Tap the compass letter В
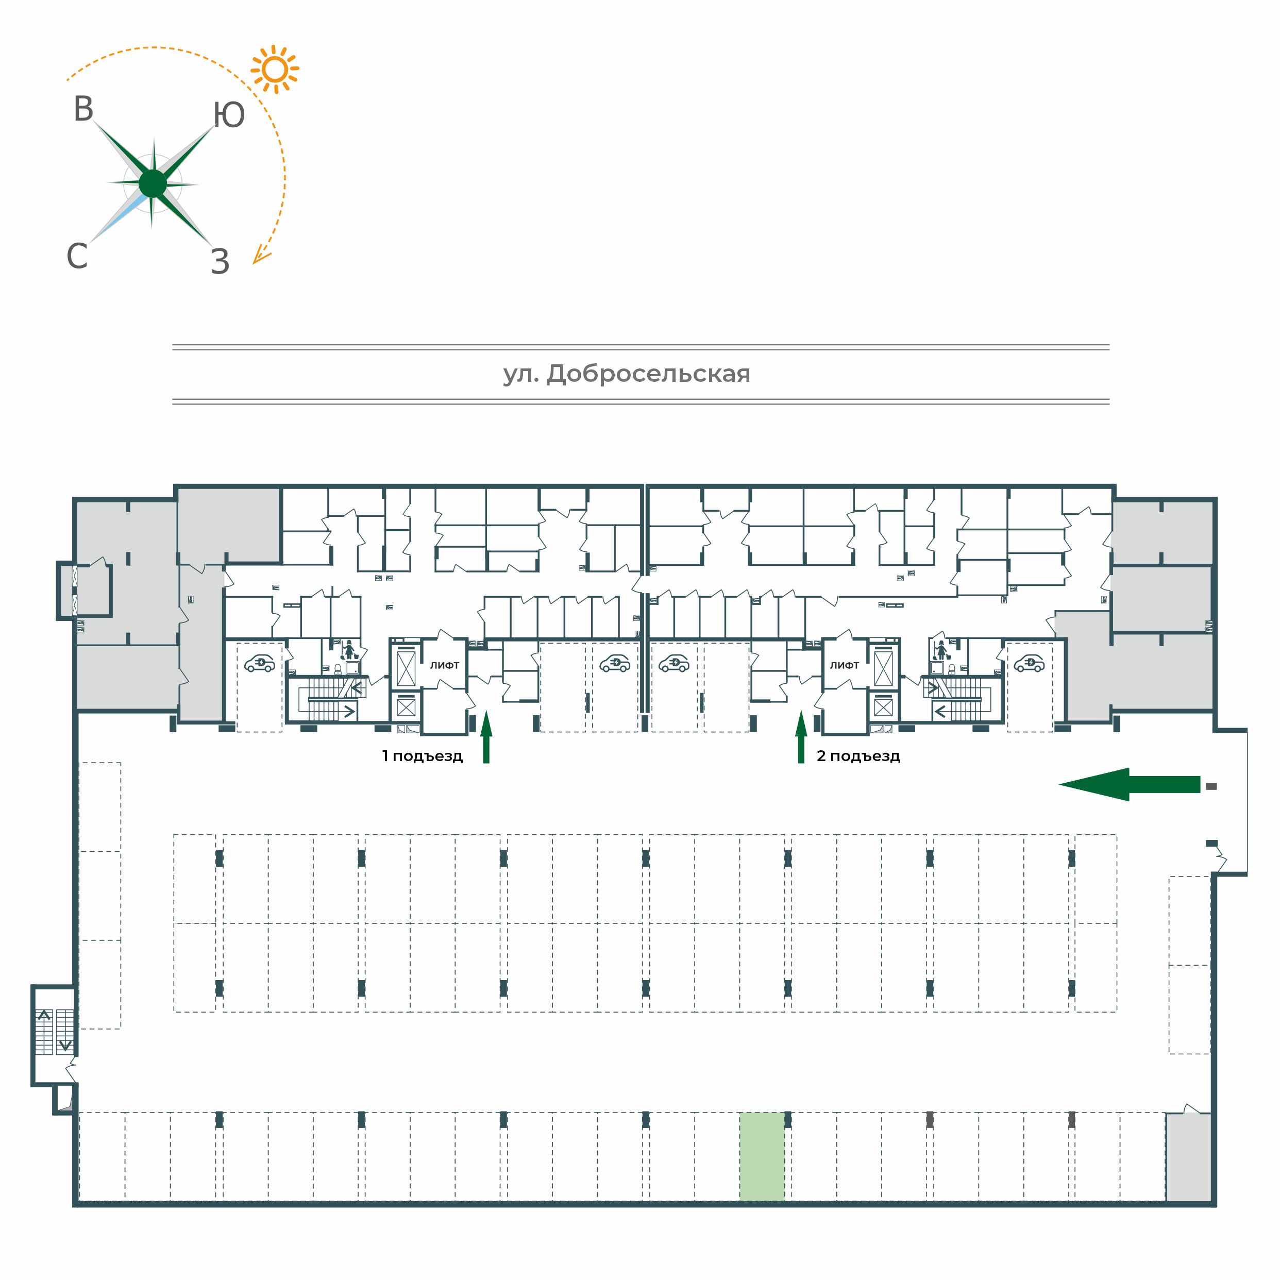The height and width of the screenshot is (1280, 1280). click(x=83, y=109)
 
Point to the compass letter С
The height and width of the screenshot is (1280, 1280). click(x=77, y=256)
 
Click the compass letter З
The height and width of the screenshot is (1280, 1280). click(x=220, y=262)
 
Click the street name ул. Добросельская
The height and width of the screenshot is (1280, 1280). click(x=626, y=374)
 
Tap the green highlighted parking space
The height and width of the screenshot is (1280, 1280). click(x=762, y=1156)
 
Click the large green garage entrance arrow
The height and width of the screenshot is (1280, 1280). click(x=1129, y=784)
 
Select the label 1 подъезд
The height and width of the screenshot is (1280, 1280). click(x=422, y=756)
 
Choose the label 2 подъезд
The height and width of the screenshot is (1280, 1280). click(x=858, y=756)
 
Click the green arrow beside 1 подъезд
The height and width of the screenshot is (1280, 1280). click(x=486, y=737)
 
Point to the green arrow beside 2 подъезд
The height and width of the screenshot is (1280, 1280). click(x=801, y=737)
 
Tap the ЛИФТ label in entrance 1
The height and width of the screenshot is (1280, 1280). click(x=445, y=665)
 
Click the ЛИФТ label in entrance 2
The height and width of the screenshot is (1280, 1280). click(x=844, y=665)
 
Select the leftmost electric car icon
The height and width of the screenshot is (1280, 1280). click(x=260, y=663)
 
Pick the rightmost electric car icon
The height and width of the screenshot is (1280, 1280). click(x=1029, y=663)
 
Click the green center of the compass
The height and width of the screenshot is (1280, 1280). click(x=153, y=183)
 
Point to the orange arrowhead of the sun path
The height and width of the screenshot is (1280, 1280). click(x=260, y=255)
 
